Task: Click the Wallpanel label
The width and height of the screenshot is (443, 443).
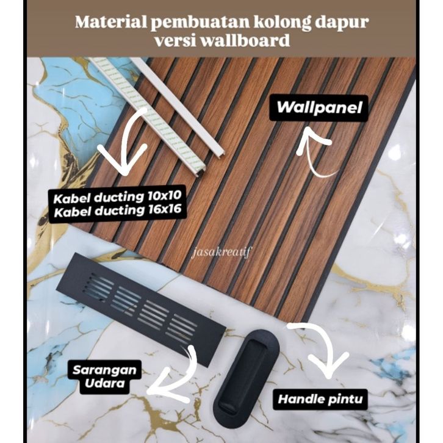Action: click(319, 108)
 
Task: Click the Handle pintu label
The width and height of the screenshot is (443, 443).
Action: click(322, 400)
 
